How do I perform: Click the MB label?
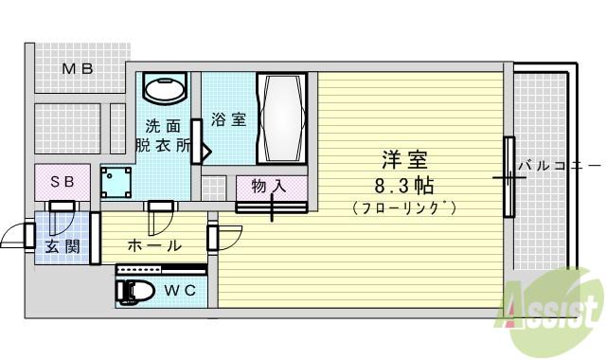click(78, 69)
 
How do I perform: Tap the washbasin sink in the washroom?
click(165, 87)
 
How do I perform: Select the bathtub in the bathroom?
click(282, 117)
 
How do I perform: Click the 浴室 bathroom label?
click(228, 118)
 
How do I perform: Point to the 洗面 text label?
click(163, 126)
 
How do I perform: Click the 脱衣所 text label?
click(163, 145)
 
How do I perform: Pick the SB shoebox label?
click(62, 181)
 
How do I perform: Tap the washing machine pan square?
click(116, 183)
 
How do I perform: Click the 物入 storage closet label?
click(269, 186)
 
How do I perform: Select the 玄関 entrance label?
click(62, 246)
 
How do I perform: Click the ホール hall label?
click(154, 245)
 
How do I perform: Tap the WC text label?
click(181, 291)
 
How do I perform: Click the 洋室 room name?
click(404, 160)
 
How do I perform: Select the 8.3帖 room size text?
click(404, 186)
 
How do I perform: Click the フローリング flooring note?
click(404, 208)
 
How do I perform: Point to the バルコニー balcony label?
click(560, 166)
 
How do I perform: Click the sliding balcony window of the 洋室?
click(509, 177)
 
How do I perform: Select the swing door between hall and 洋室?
click(224, 238)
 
